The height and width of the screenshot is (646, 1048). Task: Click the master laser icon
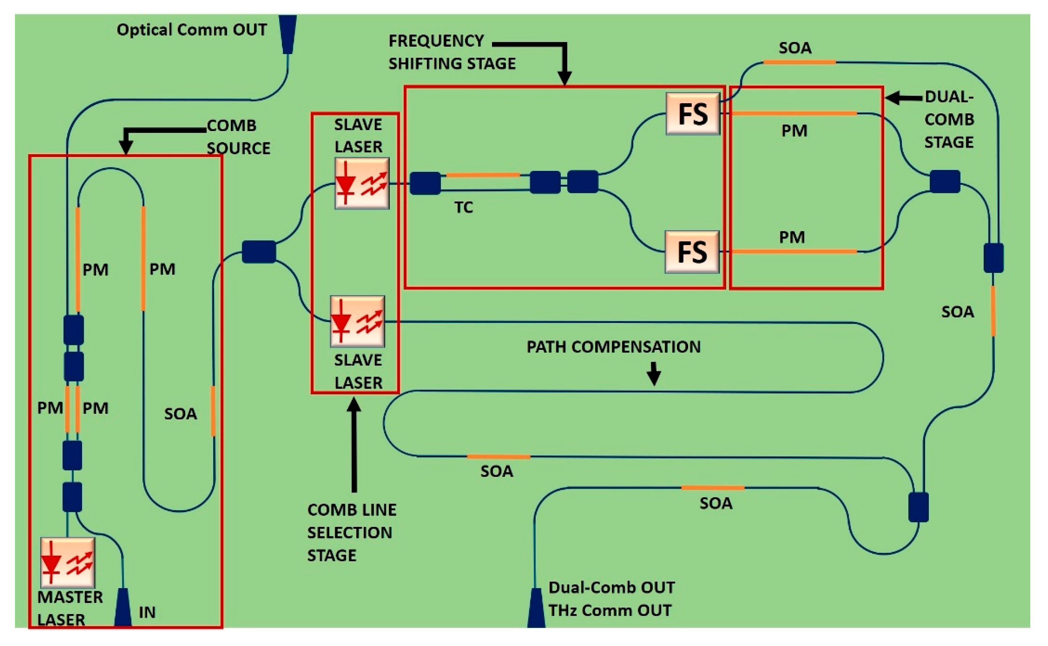coord(67,563)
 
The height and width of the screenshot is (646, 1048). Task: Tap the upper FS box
coord(693,114)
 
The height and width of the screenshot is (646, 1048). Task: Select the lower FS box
coord(692,252)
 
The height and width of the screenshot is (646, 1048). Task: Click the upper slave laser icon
coord(362,183)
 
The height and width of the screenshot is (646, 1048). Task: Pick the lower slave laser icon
coord(357,321)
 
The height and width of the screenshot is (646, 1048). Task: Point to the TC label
coord(463,208)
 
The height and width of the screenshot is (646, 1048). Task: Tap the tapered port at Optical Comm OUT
coord(288,34)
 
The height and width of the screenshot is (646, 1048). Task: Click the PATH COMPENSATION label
coord(613,347)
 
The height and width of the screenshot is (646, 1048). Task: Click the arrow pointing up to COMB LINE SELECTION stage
coord(354,445)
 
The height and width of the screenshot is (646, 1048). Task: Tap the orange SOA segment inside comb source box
coord(213,411)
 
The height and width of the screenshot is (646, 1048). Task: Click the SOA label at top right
coord(795,48)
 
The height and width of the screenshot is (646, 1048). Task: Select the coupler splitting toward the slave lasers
coord(258,252)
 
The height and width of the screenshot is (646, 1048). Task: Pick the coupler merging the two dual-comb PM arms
coord(944,181)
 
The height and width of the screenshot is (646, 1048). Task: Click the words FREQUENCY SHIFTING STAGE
coord(451,52)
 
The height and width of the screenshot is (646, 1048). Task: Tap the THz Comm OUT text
coord(609,610)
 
